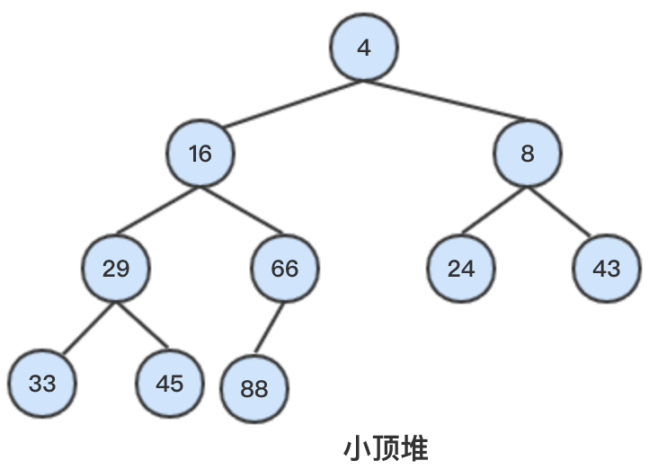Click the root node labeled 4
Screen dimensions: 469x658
pos(363,48)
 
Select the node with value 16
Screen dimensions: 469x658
pos(200,154)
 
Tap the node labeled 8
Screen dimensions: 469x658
pos(527,154)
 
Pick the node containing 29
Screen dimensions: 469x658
pos(116,268)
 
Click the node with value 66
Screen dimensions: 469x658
pos(284,268)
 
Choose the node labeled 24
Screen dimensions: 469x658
pos(460,268)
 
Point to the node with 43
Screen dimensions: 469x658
pos(608,268)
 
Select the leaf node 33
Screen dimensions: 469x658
pos(42,384)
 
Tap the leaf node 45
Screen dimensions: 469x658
pos(169,384)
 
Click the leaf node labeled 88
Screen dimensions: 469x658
pos(254,389)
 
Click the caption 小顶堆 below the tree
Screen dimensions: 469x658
pos(386,448)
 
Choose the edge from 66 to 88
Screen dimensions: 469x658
pos(270,328)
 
